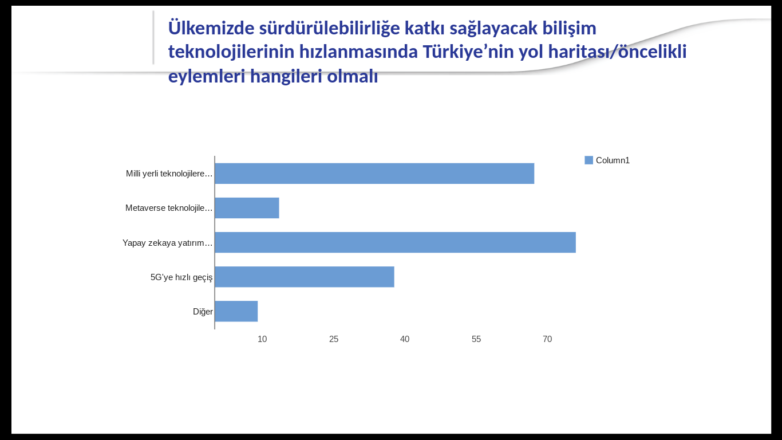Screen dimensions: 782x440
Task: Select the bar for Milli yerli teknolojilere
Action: point(374,174)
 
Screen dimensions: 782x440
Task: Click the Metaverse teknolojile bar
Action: point(247,208)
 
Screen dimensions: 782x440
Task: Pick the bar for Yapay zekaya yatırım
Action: point(396,242)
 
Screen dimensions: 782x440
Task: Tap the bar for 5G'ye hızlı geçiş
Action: point(305,277)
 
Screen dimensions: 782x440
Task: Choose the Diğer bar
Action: point(236,311)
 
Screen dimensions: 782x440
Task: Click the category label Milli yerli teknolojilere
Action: point(169,174)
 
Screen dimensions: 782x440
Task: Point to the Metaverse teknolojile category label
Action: point(169,208)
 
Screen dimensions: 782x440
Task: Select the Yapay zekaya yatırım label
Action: point(168,243)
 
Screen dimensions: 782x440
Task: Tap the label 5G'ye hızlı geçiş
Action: point(181,277)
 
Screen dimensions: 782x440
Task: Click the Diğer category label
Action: point(203,312)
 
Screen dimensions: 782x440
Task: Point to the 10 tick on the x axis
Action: point(262,339)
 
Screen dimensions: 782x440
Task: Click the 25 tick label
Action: point(334,339)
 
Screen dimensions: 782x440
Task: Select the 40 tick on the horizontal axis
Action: point(405,339)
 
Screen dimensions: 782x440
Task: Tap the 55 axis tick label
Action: point(476,339)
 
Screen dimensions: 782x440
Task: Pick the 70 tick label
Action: point(547,339)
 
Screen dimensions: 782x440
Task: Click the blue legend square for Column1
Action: point(589,160)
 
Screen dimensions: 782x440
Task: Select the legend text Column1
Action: point(613,160)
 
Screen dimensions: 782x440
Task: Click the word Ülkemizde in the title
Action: point(212,27)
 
